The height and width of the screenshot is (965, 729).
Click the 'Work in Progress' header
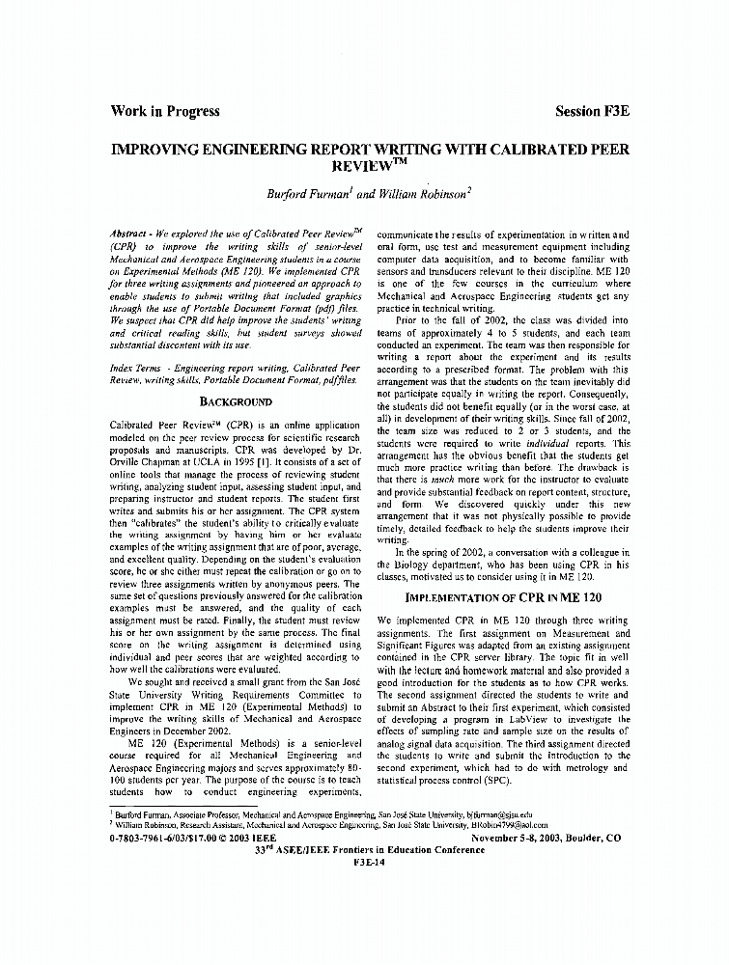[165, 111]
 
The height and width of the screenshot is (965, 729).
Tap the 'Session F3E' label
[593, 111]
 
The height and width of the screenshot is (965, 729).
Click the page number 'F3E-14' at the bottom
[364, 862]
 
